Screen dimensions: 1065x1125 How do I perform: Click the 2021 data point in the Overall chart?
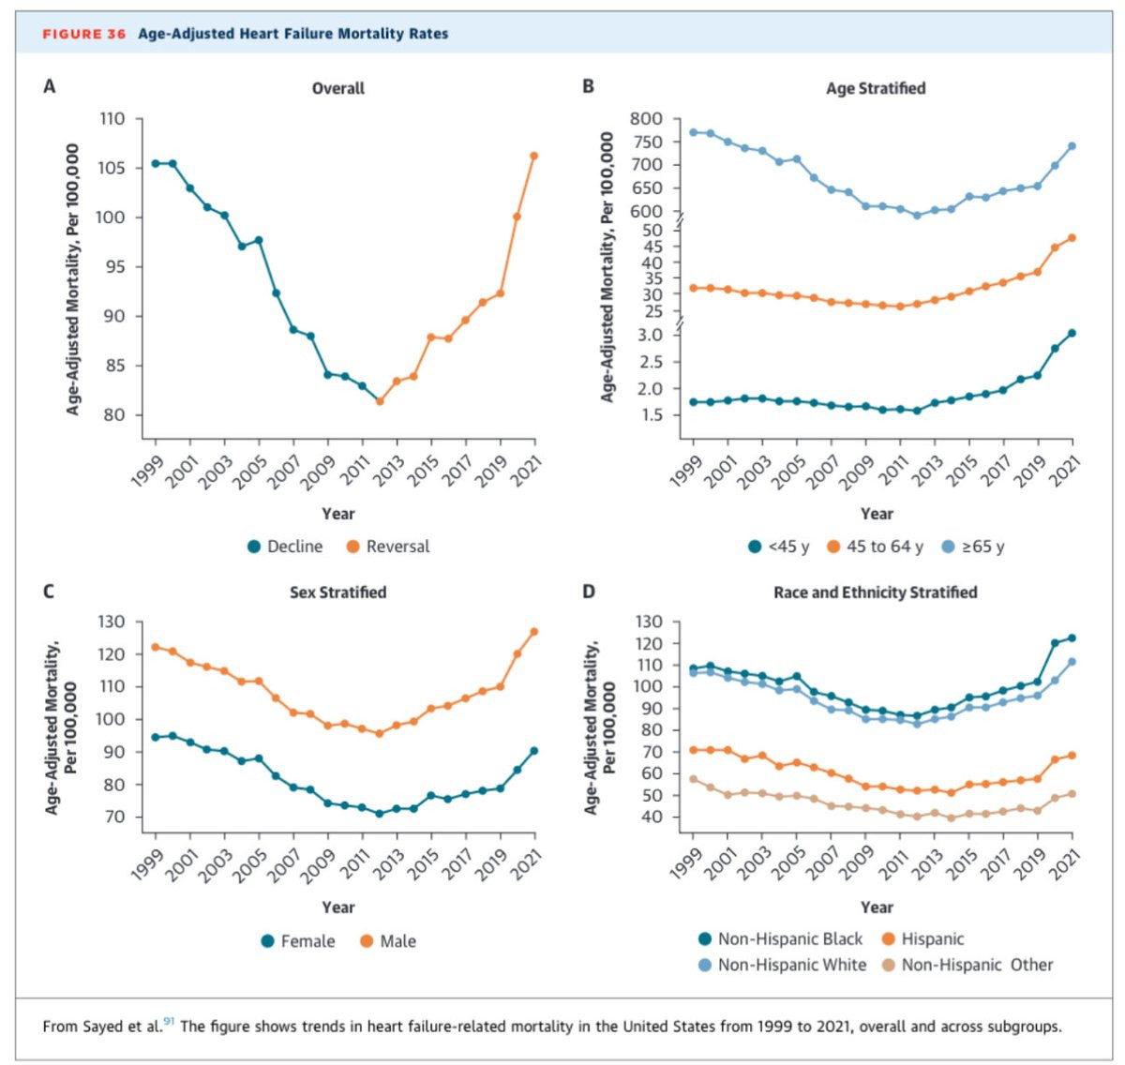coord(534,156)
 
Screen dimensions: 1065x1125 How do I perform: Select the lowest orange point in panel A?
coord(380,401)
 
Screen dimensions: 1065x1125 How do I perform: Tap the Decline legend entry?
coord(285,547)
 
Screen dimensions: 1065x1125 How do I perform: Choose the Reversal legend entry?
coord(388,547)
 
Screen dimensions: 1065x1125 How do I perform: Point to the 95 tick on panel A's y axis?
coord(112,267)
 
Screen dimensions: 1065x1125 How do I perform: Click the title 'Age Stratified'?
coord(876,88)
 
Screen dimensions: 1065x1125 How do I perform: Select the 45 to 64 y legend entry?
coord(875,547)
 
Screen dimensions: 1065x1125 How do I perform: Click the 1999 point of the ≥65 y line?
coord(694,132)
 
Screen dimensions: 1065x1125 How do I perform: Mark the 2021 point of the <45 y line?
coord(1072,333)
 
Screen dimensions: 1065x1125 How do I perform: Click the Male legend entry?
coord(388,941)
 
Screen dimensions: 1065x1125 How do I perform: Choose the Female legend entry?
coord(298,941)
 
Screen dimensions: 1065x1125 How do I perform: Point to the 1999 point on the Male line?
coord(156,647)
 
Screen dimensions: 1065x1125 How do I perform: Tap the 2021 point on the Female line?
coord(534,751)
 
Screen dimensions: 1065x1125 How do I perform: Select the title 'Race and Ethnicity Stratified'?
coord(876,592)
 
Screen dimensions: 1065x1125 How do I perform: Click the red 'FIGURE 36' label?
coord(84,34)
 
